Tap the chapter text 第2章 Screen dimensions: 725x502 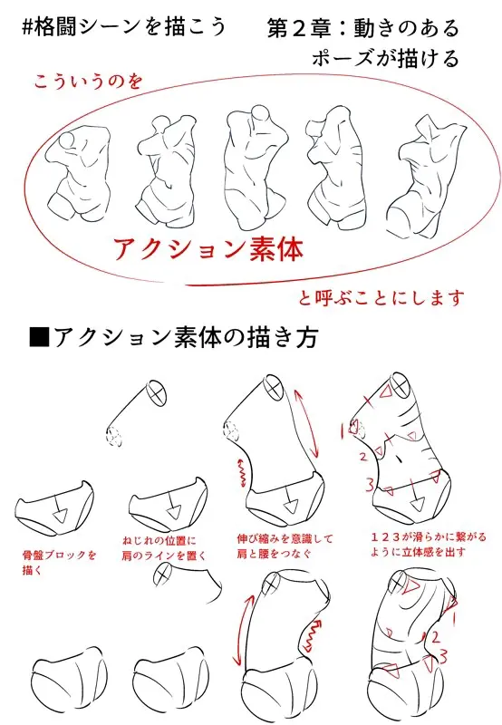[308, 28]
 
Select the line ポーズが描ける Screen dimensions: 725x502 [384, 59]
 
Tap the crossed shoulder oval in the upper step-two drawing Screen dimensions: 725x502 [155, 391]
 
